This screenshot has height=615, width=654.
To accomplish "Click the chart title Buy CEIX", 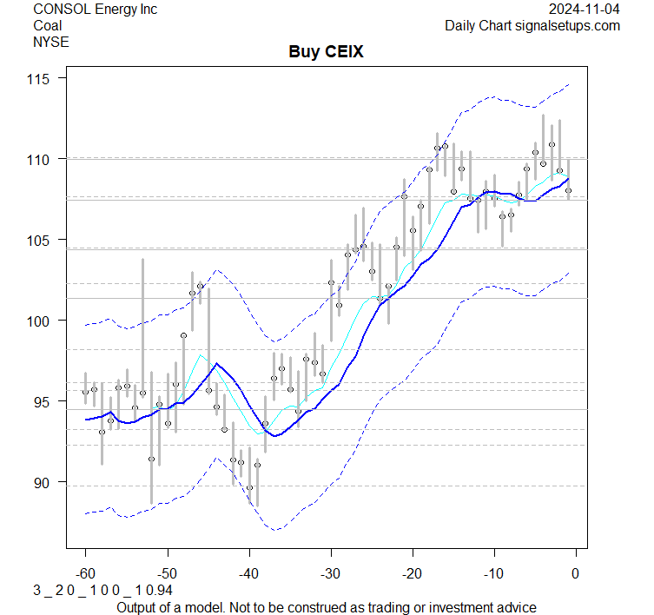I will pos(326,52).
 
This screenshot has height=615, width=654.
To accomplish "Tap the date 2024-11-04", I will pos(584,10).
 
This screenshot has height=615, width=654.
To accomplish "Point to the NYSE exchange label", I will pos(50,41).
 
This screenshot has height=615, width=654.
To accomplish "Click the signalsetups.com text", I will pos(569,25).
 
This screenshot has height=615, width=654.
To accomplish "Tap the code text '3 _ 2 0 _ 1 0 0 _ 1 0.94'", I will pos(102,591).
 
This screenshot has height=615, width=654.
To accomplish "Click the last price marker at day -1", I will pos(568,190).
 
